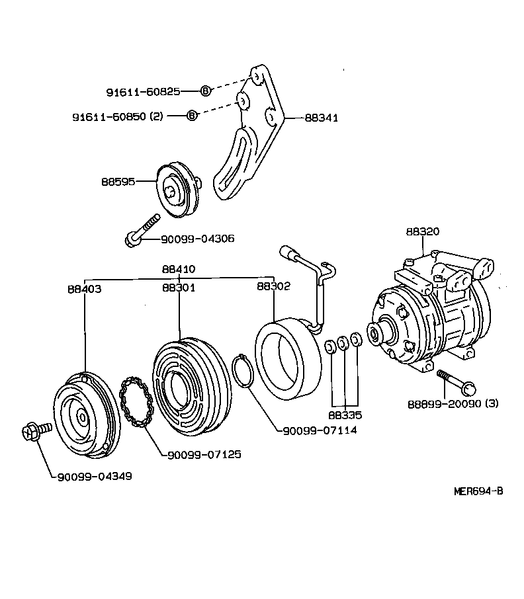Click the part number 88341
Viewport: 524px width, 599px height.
[321, 118]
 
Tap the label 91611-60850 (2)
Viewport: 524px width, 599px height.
[117, 116]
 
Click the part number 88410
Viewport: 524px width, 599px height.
[179, 270]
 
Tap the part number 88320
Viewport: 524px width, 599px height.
[422, 232]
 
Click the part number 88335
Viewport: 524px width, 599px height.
[344, 416]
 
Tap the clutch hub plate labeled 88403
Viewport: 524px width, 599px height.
[83, 417]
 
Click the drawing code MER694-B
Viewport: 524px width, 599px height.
[478, 491]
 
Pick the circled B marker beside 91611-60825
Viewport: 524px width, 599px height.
[205, 91]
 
